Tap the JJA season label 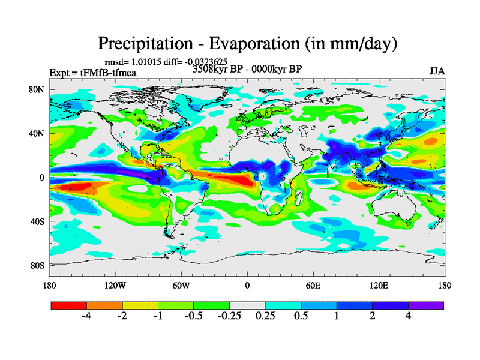pos(437,71)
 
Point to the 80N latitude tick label pos(37,89)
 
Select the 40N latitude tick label pos(37,133)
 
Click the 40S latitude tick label pos(37,221)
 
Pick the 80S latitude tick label pos(37,265)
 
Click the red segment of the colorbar pos(69,305)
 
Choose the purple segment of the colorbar pos(426,305)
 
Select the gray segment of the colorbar pos(247,305)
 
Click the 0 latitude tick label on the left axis pos(42,178)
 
